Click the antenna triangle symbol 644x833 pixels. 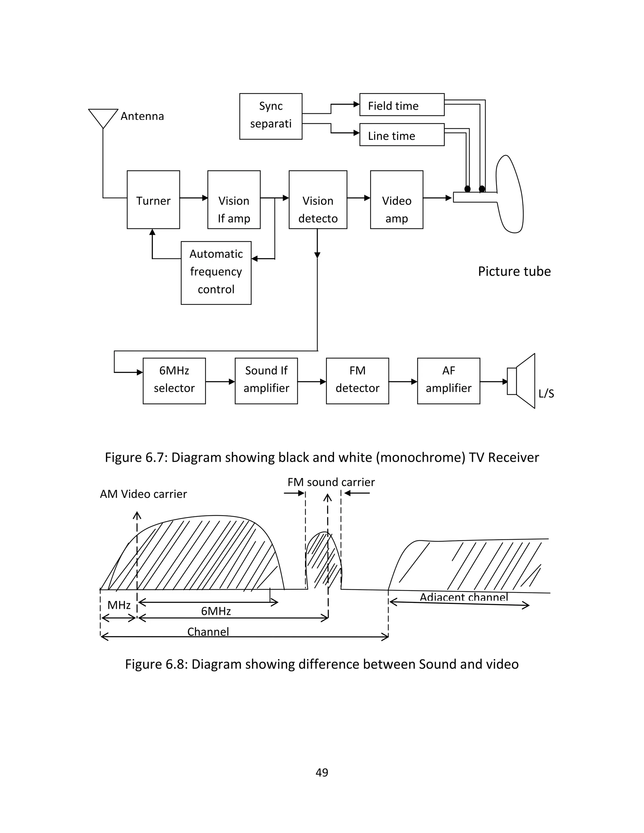pos(103,117)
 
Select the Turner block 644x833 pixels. pos(153,200)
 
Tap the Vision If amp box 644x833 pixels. pos(234,200)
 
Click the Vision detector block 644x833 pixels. pos(318,200)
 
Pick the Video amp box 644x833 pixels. pos(397,200)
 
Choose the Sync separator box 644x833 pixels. pos(271,116)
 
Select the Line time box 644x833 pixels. pos(402,135)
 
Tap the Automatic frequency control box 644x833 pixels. pos(216,273)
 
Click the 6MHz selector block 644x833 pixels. pos(174,381)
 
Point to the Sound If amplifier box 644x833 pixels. pos(266,381)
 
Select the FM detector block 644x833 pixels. pos(358,381)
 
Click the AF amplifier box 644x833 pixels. pos(449,381)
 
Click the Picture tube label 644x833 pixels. pos(514,271)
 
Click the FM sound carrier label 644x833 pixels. pos(331,482)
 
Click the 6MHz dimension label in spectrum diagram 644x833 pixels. pos(216,611)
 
